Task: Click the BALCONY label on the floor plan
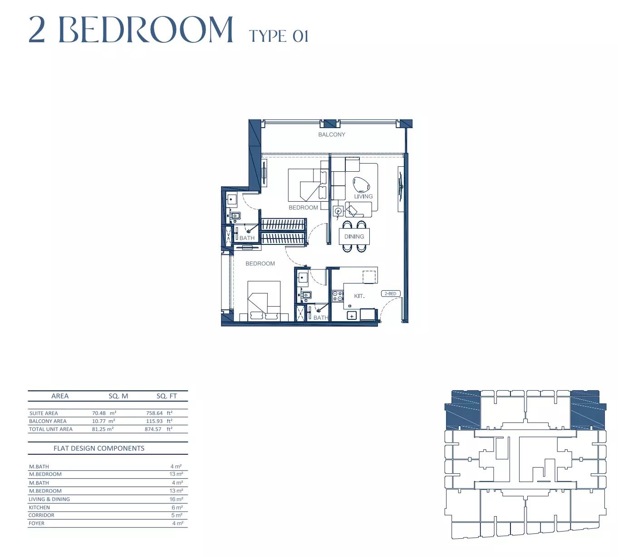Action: pyautogui.click(x=332, y=134)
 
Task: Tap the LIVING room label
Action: pyautogui.click(x=363, y=196)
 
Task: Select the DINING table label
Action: pyautogui.click(x=354, y=236)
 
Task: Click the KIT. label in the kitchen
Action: pyautogui.click(x=359, y=296)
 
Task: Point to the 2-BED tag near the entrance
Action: pyautogui.click(x=391, y=293)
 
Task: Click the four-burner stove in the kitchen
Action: pyautogui.click(x=338, y=296)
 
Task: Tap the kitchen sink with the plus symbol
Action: pyautogui.click(x=352, y=316)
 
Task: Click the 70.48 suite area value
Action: pyautogui.click(x=98, y=413)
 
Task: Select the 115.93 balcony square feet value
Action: pyautogui.click(x=154, y=421)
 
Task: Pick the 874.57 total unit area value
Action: pyautogui.click(x=153, y=429)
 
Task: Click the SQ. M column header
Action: pyautogui.click(x=118, y=396)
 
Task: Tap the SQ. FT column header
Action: pyautogui.click(x=167, y=396)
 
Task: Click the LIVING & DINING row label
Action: pyautogui.click(x=49, y=499)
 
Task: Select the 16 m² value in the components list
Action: pyautogui.click(x=176, y=499)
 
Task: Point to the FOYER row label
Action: pyautogui.click(x=36, y=523)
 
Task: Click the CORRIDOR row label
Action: pyautogui.click(x=41, y=515)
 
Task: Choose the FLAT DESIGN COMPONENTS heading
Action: pyautogui.click(x=99, y=448)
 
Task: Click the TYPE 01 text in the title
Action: pyautogui.click(x=279, y=36)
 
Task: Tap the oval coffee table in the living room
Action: pyautogui.click(x=361, y=185)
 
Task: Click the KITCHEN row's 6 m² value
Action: pyautogui.click(x=177, y=507)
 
